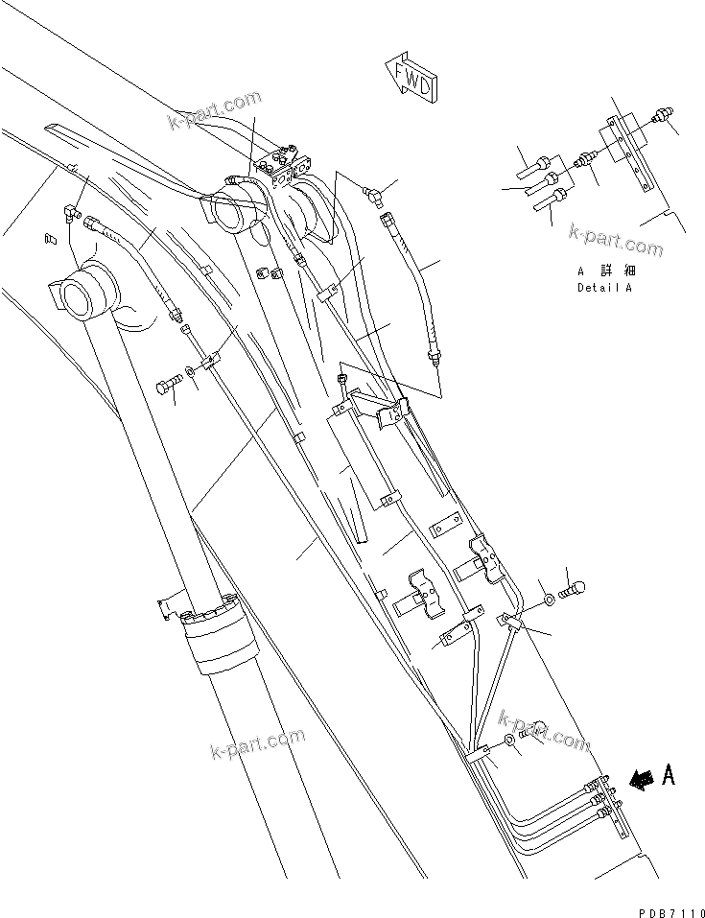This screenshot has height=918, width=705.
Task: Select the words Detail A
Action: coord(603,287)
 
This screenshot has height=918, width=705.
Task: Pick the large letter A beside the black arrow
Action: coord(669,775)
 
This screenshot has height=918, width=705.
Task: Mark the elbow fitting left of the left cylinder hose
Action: coord(71,212)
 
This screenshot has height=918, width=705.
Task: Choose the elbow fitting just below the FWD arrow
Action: coord(374,194)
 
